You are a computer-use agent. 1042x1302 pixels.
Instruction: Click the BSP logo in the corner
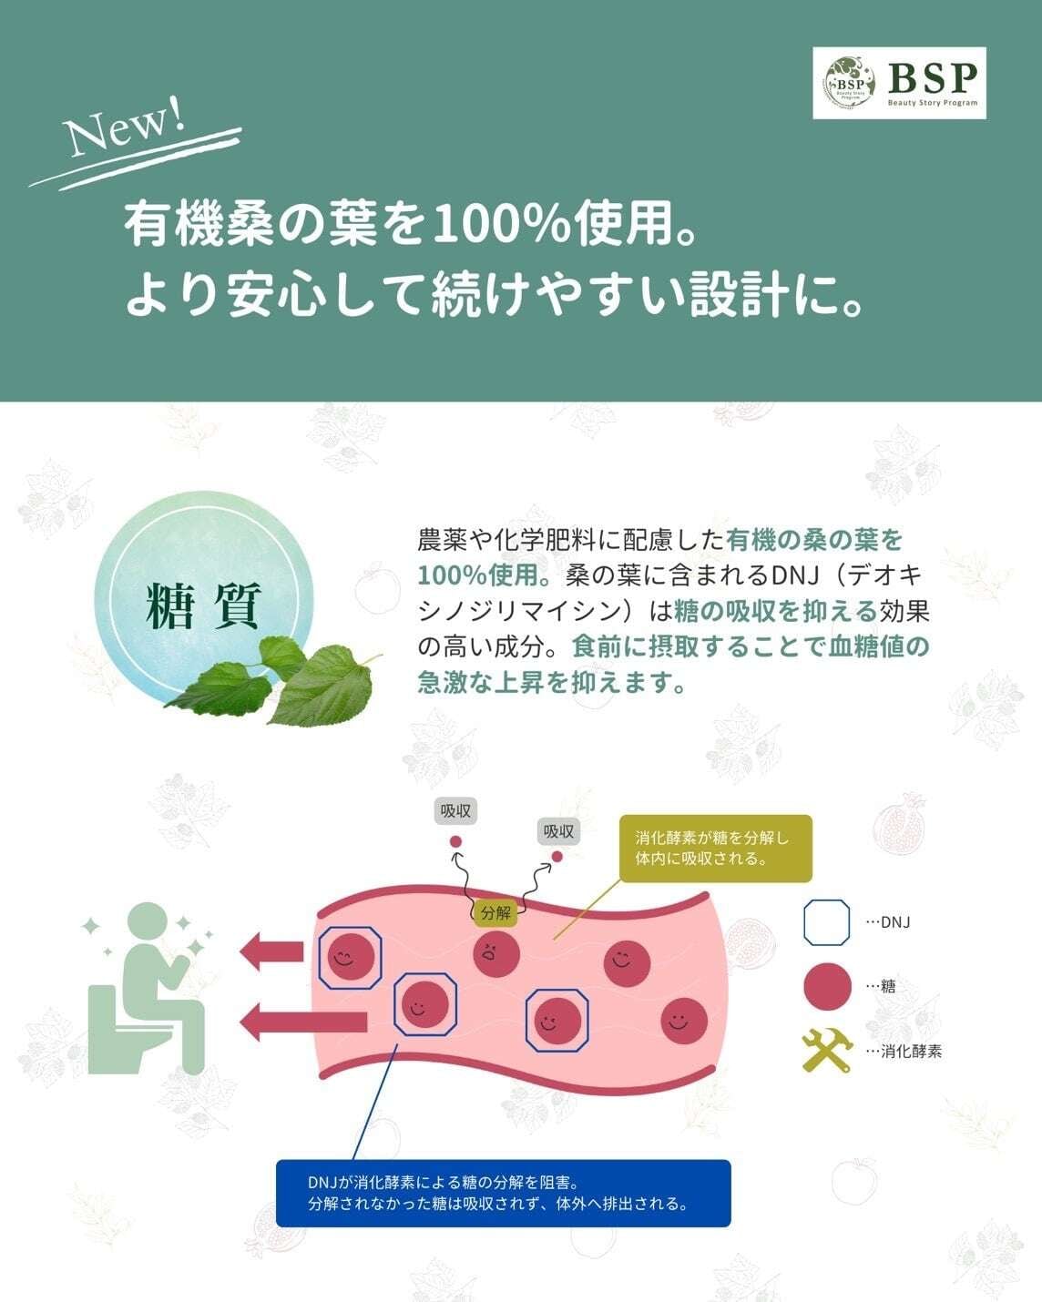pyautogui.click(x=899, y=83)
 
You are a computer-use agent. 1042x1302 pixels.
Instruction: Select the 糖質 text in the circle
pyautogui.click(x=204, y=606)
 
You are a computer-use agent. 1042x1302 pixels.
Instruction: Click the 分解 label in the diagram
pyautogui.click(x=496, y=912)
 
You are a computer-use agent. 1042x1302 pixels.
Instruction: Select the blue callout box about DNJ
pyautogui.click(x=503, y=1193)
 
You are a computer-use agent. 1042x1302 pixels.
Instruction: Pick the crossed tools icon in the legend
pyautogui.click(x=827, y=1051)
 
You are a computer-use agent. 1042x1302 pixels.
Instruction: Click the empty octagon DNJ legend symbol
pyautogui.click(x=827, y=921)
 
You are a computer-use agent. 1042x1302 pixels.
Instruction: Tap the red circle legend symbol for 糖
pyautogui.click(x=827, y=986)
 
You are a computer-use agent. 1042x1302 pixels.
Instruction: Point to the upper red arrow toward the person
pyautogui.click(x=271, y=951)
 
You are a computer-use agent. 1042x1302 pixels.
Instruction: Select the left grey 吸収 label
pyautogui.click(x=455, y=810)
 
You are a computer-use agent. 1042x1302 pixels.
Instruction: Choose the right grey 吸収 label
pyautogui.click(x=558, y=830)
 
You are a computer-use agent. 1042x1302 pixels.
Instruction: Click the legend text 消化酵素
pyautogui.click(x=911, y=1052)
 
